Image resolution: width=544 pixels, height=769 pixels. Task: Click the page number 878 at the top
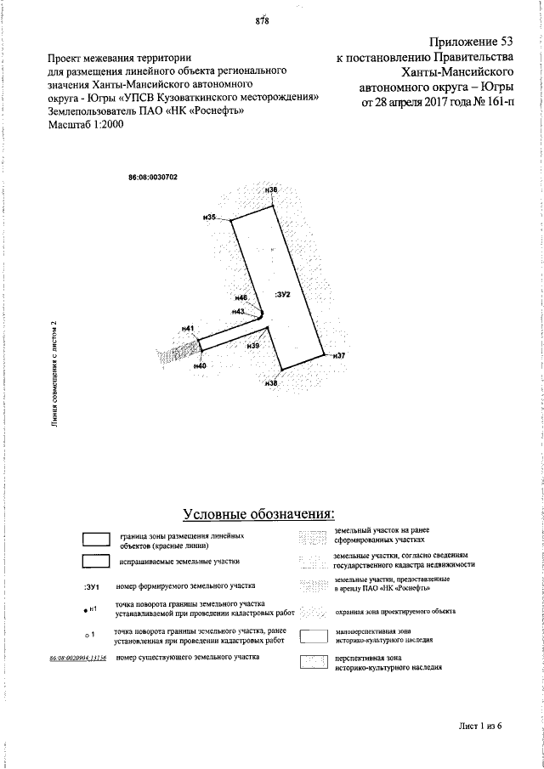[262, 22]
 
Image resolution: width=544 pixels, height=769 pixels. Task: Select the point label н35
[210, 218]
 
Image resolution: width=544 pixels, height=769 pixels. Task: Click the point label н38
[271, 384]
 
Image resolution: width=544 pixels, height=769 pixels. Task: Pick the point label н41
[188, 328]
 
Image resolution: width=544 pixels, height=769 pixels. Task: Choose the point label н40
[200, 365]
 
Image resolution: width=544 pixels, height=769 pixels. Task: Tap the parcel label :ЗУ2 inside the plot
[283, 294]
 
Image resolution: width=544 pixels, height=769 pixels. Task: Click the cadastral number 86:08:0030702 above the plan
[152, 177]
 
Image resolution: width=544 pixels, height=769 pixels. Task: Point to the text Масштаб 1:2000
[87, 125]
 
